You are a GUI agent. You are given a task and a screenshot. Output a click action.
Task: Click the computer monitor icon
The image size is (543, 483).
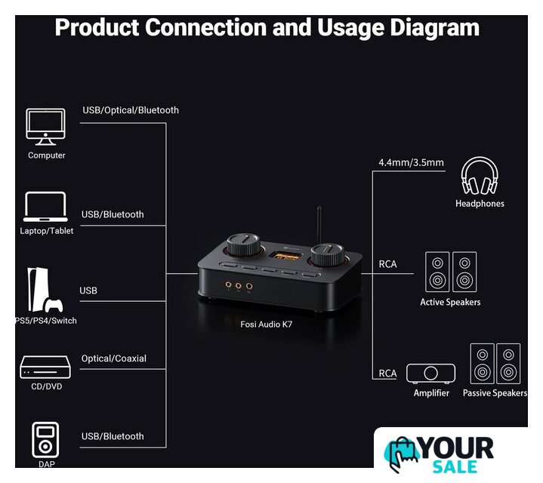46,126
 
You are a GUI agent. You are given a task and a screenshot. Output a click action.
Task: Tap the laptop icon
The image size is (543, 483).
46,206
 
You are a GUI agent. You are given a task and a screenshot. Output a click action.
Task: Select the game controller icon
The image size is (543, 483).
53,305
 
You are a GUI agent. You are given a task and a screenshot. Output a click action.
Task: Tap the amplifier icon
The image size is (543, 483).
431,374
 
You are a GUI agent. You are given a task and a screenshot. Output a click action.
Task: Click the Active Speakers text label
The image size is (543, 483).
450,302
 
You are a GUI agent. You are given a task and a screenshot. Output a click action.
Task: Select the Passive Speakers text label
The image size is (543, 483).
495,393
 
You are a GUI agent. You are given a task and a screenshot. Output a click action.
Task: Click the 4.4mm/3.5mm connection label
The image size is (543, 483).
411,162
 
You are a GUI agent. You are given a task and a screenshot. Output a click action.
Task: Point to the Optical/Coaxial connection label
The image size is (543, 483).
113,358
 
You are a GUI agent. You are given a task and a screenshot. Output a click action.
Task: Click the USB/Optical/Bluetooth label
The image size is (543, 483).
131,110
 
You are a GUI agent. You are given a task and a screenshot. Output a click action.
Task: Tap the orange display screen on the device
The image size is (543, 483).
288,255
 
